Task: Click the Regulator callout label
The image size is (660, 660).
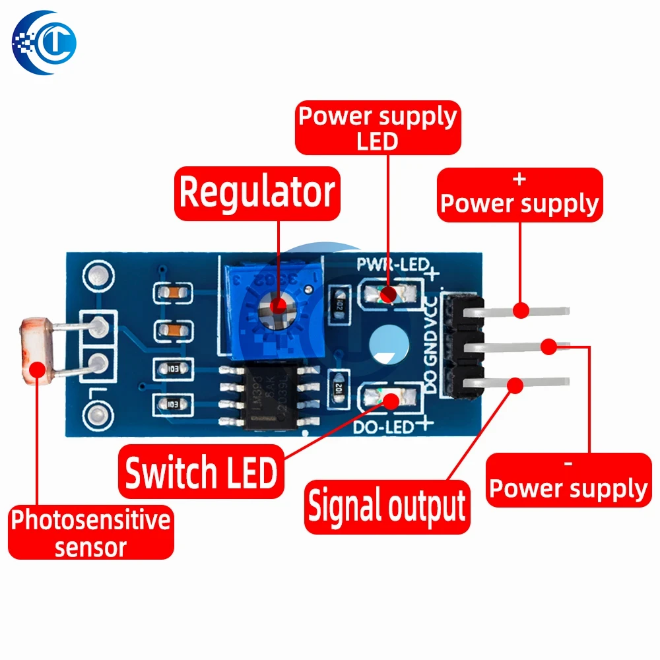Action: click(257, 193)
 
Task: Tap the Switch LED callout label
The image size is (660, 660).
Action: click(201, 473)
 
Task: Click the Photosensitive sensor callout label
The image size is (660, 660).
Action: click(91, 533)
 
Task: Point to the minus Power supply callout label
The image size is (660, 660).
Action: click(568, 480)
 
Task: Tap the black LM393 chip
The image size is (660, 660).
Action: click(277, 398)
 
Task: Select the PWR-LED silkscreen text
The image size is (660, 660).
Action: click(389, 265)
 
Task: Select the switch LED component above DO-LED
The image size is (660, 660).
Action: click(389, 399)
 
